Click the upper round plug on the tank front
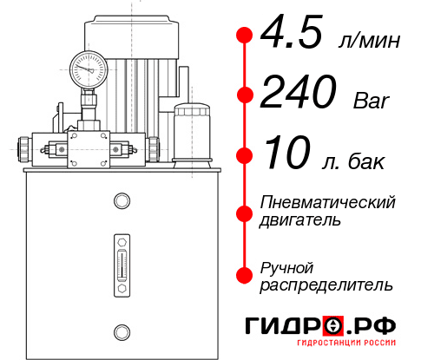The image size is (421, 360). pos(121,202)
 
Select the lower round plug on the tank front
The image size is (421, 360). pos(121,330)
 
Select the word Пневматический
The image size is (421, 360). pos(328,203)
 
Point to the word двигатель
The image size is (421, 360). pos(300,220)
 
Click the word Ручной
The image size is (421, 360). pos(286,266)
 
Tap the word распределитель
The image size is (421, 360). pos(326,285)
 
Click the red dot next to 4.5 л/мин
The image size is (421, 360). pos(244,36)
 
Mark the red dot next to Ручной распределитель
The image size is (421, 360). pos(244,275)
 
